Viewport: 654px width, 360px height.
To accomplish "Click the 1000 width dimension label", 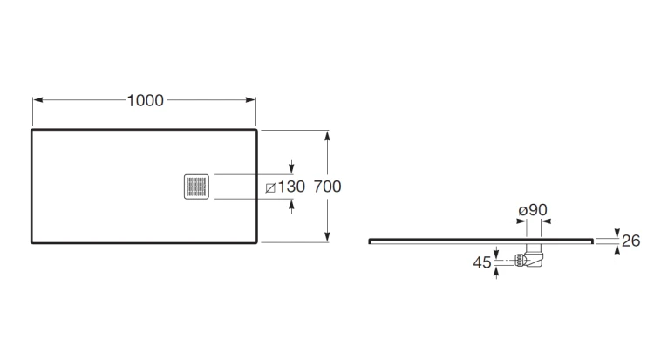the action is (x=145, y=100).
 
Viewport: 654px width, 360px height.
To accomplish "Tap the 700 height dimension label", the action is (x=327, y=187).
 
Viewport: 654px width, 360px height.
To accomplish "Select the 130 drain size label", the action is (x=291, y=187).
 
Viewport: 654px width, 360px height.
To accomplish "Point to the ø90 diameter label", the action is (x=533, y=210).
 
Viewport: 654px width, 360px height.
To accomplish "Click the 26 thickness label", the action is (x=630, y=241).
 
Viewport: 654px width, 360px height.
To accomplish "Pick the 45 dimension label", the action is (x=482, y=262).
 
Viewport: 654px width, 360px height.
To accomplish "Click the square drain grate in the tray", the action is (x=196, y=187).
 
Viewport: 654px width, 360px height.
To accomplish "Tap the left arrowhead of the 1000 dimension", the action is (x=37, y=100).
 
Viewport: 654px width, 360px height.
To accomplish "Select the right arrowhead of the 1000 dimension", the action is (x=250, y=100).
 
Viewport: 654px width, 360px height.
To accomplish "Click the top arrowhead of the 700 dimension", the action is (x=327, y=135).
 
